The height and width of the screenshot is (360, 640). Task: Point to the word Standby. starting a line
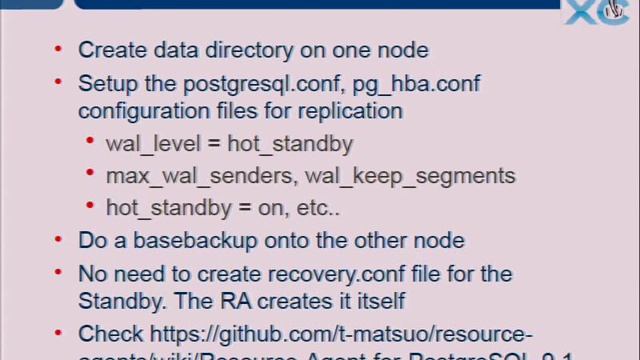[x=118, y=299]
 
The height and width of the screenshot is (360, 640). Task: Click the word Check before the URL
[x=111, y=333]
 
